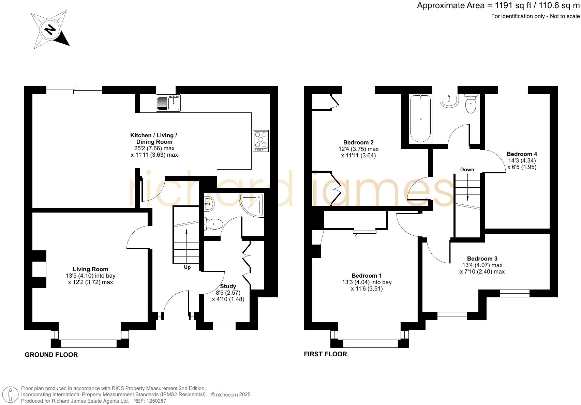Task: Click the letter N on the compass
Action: (50, 30)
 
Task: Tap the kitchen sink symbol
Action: (168, 103)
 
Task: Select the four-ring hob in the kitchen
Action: (261, 141)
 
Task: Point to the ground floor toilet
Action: (214, 224)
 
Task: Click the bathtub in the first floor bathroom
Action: (420, 119)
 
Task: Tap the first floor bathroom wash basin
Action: (449, 100)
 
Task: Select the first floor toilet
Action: (471, 105)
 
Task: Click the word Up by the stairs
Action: (187, 267)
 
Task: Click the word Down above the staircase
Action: (467, 169)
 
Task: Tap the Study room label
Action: (228, 286)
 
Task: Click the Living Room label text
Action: (90, 269)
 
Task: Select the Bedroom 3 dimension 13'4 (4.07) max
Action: (482, 265)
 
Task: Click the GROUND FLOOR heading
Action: (51, 355)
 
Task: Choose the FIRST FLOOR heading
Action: (325, 354)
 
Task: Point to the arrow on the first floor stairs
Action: (467, 198)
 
